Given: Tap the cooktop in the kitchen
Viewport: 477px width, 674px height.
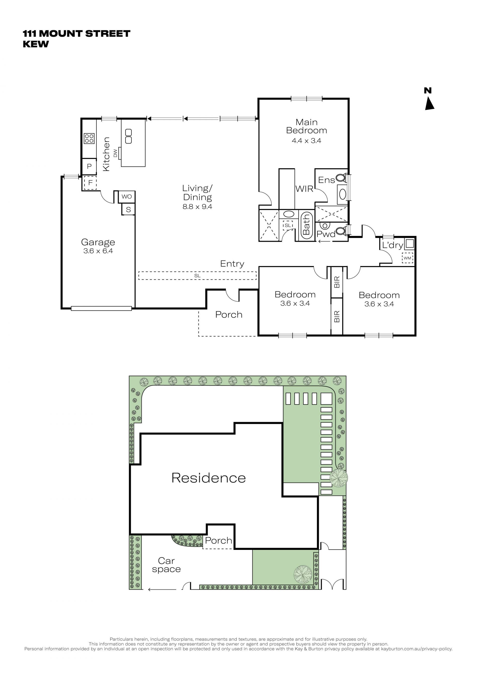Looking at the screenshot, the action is (89, 138).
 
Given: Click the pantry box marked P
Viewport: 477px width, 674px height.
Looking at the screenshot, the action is (89, 166).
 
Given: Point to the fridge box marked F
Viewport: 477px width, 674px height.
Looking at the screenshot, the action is (90, 183).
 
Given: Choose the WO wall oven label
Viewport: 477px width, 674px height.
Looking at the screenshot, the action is (127, 197).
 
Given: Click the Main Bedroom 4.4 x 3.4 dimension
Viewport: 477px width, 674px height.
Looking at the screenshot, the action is (306, 141).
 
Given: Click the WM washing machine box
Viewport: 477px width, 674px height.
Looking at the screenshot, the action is (407, 258).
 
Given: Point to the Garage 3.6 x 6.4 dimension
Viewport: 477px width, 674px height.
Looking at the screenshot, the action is (98, 251).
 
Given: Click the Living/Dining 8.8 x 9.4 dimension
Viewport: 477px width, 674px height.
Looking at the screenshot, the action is (197, 207).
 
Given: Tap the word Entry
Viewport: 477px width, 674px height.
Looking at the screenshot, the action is (232, 264).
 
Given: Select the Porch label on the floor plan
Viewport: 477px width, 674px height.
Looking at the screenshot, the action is (229, 315).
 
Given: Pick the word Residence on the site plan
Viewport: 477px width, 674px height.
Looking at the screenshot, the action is (208, 478).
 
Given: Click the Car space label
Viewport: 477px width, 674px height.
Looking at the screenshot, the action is (166, 565).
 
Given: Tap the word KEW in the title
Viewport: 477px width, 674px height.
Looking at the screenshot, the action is (36, 44).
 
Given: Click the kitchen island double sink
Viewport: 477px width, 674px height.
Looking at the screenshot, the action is (129, 137).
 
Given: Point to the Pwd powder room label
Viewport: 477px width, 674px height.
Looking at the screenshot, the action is (326, 234).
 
